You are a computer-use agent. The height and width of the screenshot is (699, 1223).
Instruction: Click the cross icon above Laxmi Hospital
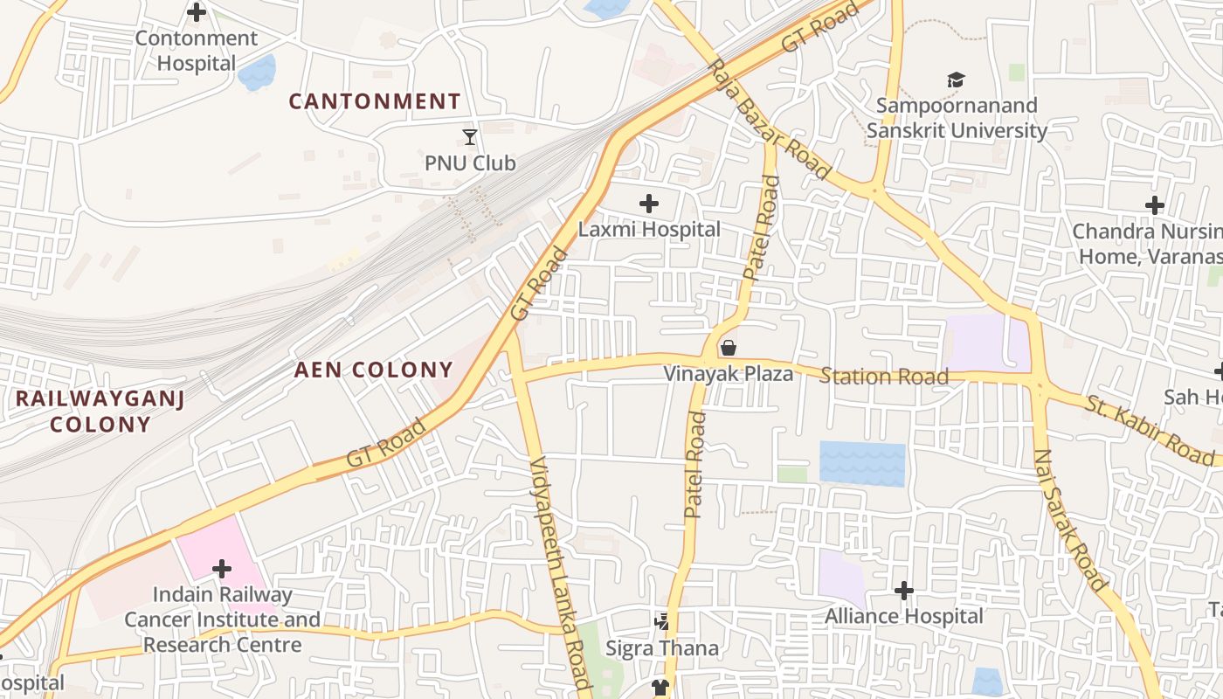648,204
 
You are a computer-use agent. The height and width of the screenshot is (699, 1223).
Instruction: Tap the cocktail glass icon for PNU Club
470,137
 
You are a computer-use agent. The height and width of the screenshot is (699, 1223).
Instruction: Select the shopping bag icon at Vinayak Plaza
728,349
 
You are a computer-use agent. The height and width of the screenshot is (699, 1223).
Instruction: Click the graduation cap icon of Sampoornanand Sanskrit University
956,80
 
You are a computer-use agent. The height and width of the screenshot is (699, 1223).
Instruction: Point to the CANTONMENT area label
374,101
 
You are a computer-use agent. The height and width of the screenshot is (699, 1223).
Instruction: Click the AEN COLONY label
373,370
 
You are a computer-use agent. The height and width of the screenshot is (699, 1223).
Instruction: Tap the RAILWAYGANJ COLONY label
100,412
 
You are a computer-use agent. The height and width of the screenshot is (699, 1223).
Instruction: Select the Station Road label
884,377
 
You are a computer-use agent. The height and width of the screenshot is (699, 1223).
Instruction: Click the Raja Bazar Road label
770,120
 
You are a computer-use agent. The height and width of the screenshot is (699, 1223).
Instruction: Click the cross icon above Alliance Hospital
904,592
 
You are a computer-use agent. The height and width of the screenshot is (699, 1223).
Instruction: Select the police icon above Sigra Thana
662,622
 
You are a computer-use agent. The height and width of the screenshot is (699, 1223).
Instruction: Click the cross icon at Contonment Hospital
197,12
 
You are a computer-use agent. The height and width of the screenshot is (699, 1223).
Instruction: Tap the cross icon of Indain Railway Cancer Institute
222,570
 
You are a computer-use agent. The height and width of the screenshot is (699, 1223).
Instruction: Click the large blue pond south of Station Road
862,464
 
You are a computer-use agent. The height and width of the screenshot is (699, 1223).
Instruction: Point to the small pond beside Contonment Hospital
257,73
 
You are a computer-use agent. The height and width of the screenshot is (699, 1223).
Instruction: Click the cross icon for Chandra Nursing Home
1155,206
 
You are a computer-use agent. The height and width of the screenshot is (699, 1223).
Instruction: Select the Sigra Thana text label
662,648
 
